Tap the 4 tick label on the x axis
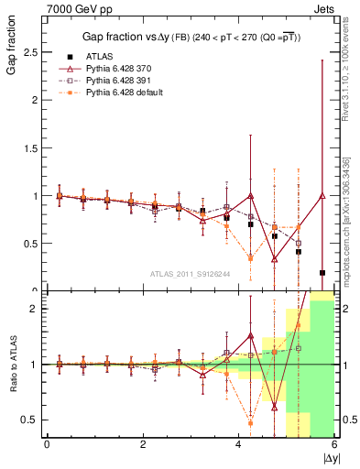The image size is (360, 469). coord(239,444)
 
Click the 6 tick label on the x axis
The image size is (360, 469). coord(334,444)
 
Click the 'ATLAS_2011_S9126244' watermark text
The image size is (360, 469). coord(191,274)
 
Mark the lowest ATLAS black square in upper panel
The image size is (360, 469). coord(322,272)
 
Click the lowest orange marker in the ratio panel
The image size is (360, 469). coord(250,422)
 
